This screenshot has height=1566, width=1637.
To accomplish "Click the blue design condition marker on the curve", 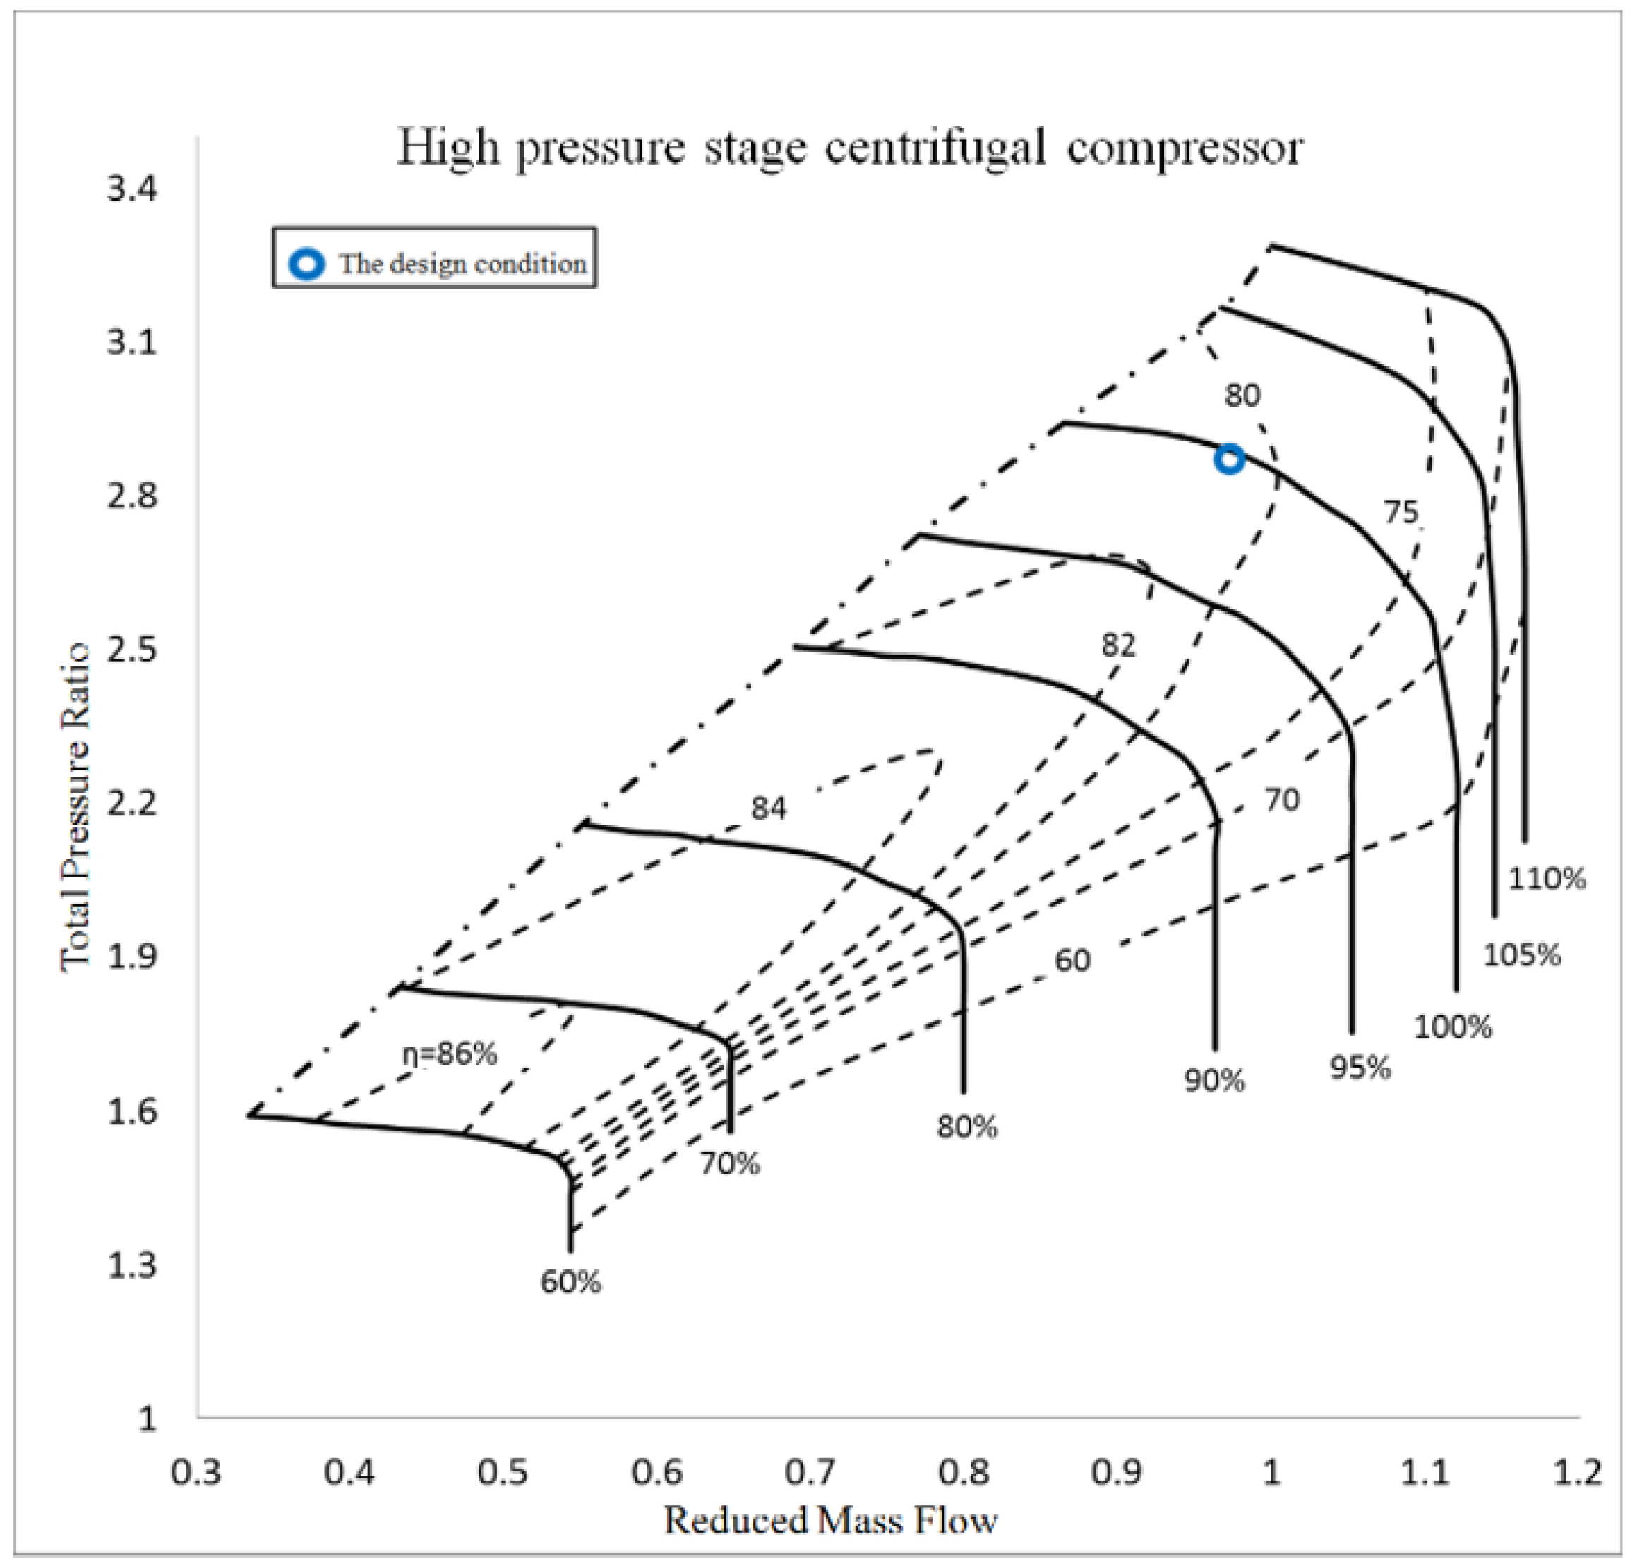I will (1229, 458).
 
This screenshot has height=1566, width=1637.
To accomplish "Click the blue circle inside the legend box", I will (306, 264).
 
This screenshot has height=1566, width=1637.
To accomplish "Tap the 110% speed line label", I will (1546, 879).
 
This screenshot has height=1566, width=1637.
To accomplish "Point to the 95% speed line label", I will (1360, 1068).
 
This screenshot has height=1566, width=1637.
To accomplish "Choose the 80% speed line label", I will (966, 1127).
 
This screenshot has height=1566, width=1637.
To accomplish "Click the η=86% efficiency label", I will (449, 1054).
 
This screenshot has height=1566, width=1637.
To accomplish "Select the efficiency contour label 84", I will (768, 808).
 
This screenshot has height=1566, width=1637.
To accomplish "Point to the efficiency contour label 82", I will (1117, 645).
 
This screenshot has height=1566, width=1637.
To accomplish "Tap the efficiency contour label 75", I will (1401, 512).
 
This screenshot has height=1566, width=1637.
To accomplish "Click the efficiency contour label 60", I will (1072, 961).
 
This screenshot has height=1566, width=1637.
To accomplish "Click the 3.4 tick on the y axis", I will (131, 189).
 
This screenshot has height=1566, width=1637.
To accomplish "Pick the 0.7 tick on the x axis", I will (809, 1471).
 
